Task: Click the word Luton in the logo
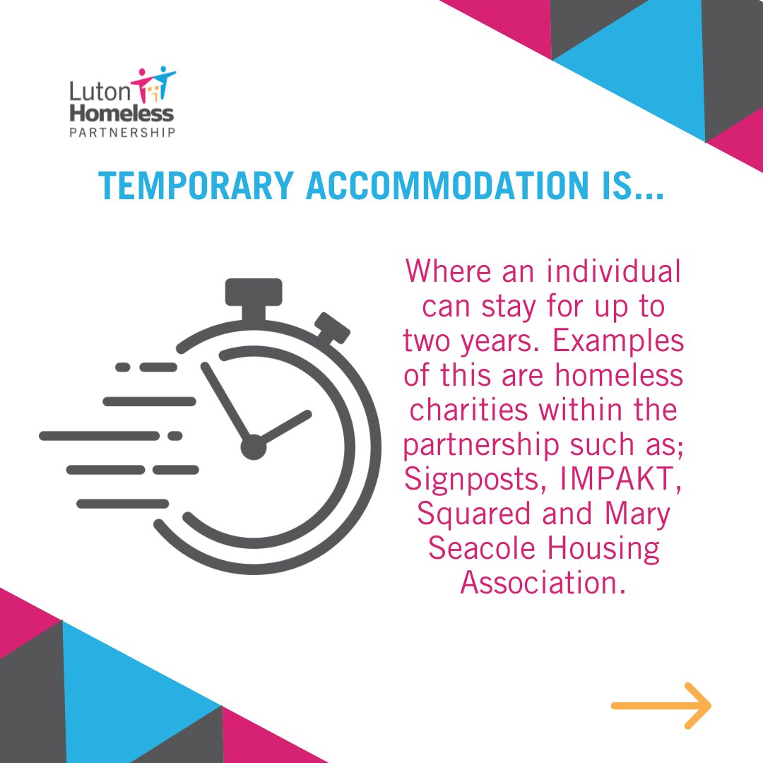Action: [88, 90]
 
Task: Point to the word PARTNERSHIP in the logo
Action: [122, 131]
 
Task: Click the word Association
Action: [543, 584]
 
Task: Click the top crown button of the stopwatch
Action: [254, 292]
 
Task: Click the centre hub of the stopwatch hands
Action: [253, 447]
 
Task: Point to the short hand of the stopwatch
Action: [285, 427]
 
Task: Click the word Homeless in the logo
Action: [122, 112]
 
